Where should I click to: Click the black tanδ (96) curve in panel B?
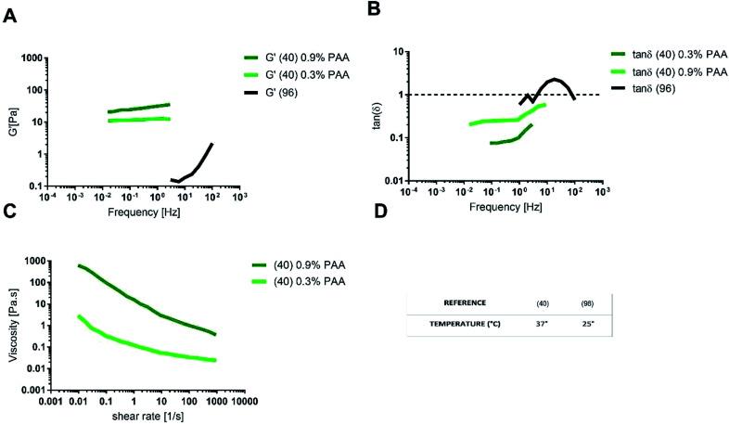(x=555, y=81)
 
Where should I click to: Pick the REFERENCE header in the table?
(x=464, y=302)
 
